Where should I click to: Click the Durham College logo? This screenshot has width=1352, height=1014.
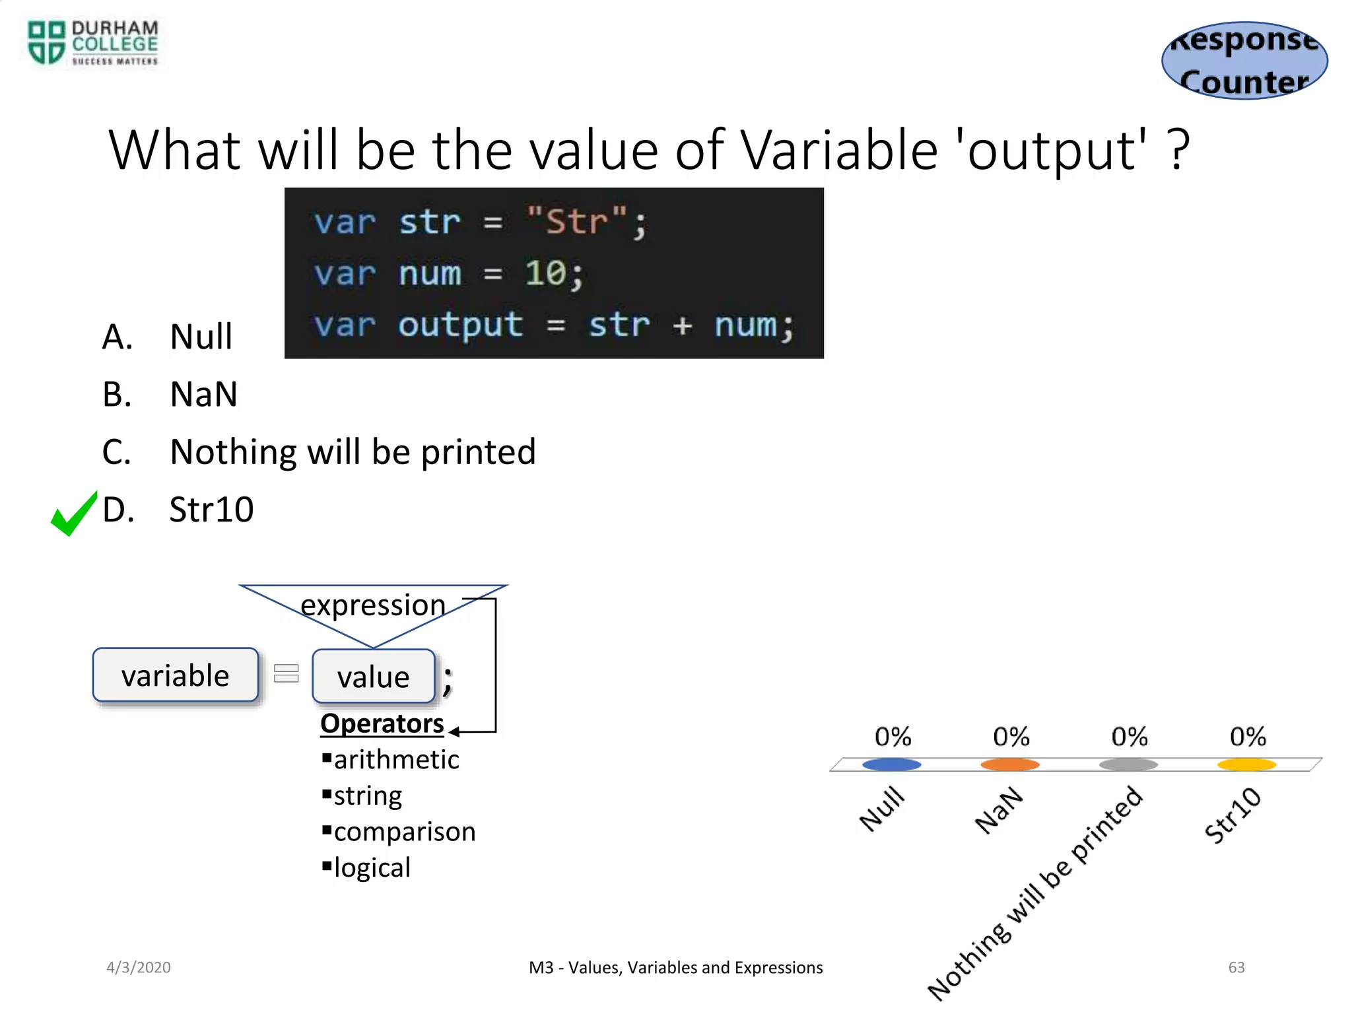[92, 43]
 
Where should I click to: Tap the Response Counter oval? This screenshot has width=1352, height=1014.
[1244, 61]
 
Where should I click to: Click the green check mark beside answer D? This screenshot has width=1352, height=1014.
[73, 514]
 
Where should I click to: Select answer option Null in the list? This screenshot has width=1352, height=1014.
[201, 337]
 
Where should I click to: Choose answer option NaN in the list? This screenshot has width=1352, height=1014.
[203, 395]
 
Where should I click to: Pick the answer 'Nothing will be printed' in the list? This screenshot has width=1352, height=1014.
[353, 452]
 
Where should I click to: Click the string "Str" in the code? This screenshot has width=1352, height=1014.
[576, 221]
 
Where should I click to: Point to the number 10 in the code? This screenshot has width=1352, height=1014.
[545, 273]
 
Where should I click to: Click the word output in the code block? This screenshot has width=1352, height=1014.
[460, 325]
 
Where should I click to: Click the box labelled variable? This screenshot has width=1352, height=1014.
[176, 675]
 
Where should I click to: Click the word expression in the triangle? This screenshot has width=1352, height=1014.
[373, 605]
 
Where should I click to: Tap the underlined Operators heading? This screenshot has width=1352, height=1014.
[382, 724]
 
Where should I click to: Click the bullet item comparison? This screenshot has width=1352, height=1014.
[404, 832]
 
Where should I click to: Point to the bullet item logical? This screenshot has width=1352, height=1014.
[372, 867]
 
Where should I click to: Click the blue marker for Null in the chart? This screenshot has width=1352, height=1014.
[891, 764]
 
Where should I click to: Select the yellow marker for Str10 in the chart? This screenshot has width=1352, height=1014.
[1246, 764]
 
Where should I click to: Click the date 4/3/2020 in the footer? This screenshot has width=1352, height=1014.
[139, 967]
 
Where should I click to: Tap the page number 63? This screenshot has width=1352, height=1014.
[1236, 967]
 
